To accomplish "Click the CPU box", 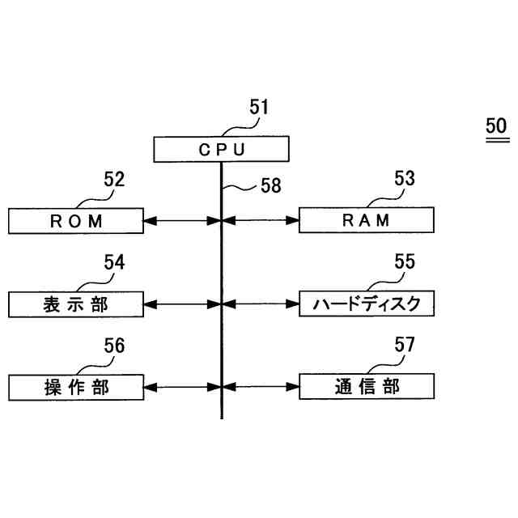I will point(221,150).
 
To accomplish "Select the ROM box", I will point(77,220).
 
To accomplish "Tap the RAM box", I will point(366,220).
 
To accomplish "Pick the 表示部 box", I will point(77,304).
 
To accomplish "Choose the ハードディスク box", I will point(366,304).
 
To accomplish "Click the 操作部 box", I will point(77,387).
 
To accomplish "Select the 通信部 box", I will point(366,387).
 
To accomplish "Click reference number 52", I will point(114,180).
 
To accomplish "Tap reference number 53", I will point(404,180).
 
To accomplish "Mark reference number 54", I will point(114,262).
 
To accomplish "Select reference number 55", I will point(404,262).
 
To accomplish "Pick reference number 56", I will point(114,346).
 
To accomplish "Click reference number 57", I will point(404,346).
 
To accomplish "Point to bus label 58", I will point(270,186).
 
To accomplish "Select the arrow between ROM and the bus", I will point(182,220).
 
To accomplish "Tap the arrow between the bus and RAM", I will point(260,220).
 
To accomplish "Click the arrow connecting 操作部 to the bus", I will point(182,387).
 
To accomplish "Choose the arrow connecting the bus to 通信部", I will point(260,387).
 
